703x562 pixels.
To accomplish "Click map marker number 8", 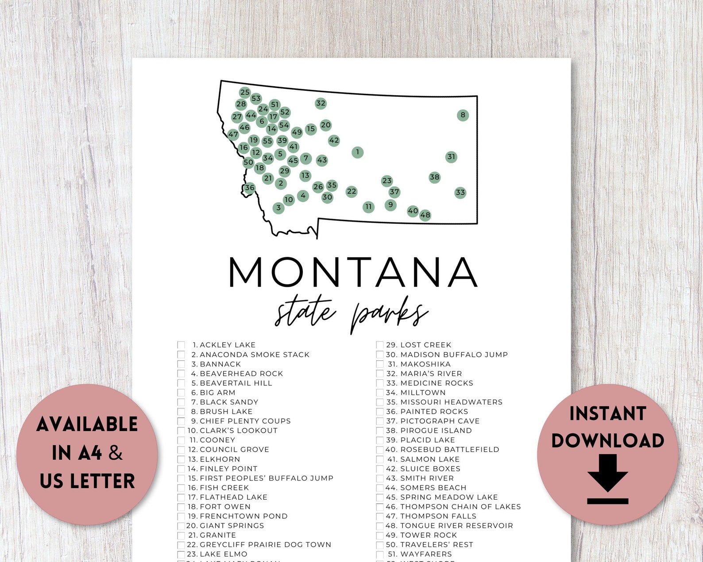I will tap(463, 115).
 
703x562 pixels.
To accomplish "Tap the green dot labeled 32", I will tap(321, 104).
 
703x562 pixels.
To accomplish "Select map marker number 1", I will tap(357, 152).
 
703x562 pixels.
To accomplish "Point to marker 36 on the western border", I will tap(250, 188).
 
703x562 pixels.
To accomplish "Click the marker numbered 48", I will tap(425, 216).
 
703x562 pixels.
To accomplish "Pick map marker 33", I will tap(460, 192).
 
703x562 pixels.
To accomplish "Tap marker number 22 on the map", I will tap(351, 192).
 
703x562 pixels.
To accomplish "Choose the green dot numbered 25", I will tap(245, 92).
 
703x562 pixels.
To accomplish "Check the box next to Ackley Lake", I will tap(181, 345).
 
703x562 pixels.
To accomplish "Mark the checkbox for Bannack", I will tap(181, 364).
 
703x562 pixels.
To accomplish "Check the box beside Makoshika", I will tap(380, 364).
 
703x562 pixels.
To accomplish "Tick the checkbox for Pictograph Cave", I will tap(380, 421).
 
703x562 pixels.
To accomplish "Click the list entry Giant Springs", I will tap(232, 526).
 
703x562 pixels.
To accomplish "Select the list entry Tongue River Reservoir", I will tap(456, 526).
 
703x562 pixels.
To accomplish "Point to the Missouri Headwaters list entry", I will tap(451, 402).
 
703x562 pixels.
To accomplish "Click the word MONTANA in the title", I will tap(353, 272).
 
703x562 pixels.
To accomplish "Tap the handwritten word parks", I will tap(389, 315).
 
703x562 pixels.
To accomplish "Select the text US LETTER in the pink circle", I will tap(87, 481).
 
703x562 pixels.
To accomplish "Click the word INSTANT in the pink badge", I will tap(607, 414).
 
